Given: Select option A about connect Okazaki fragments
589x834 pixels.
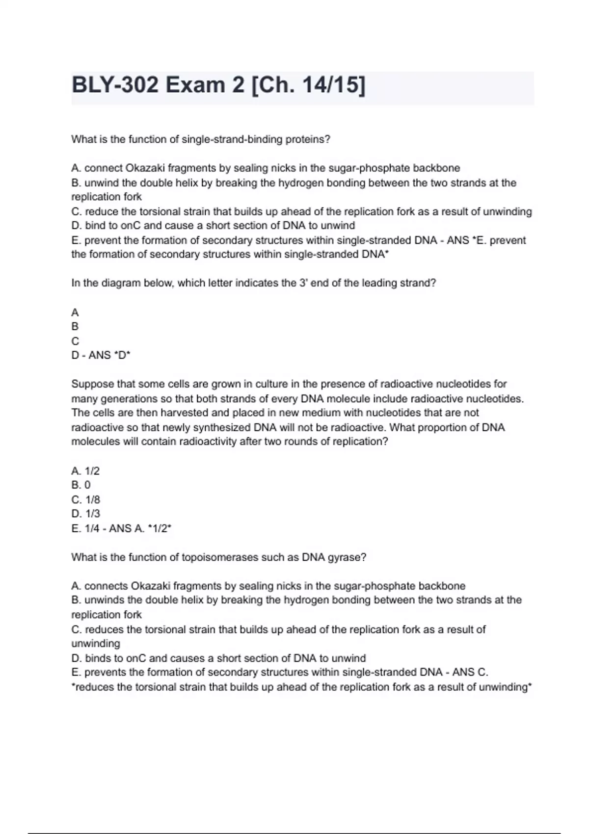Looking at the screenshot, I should pyautogui.click(x=265, y=168).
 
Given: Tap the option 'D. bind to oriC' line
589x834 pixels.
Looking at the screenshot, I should pyautogui.click(x=213, y=226).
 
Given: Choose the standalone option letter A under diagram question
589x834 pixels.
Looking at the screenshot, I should pyautogui.click(x=75, y=313).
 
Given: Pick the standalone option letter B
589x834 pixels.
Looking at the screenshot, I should pyautogui.click(x=75, y=326).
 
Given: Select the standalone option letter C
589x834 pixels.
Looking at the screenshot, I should pyautogui.click(x=75, y=341).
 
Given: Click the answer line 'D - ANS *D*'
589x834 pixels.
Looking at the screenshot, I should pyautogui.click(x=101, y=355).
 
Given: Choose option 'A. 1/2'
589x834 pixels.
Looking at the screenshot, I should pyautogui.click(x=85, y=471).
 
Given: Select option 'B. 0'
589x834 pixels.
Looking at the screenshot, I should pyautogui.click(x=81, y=485).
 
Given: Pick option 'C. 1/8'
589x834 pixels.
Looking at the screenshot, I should pyautogui.click(x=85, y=500).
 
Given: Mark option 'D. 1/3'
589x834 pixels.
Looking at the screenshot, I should pyautogui.click(x=85, y=514).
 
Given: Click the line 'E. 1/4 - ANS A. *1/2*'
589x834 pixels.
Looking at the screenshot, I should pyautogui.click(x=121, y=528).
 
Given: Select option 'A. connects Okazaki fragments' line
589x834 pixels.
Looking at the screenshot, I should pyautogui.click(x=268, y=586).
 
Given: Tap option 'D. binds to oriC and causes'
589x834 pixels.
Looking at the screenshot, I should pyautogui.click(x=218, y=658).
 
